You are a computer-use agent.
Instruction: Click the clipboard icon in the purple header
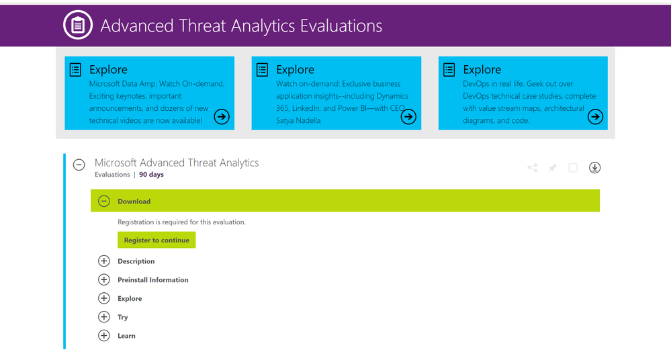78,25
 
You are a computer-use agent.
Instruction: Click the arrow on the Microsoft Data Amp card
222,116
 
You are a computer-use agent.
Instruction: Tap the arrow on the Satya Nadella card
408,116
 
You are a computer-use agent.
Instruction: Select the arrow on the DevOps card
595,116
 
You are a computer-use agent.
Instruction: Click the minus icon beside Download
104,201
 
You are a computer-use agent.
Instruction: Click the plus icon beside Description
104,261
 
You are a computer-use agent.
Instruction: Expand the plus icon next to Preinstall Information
104,279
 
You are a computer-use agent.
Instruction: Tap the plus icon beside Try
104,317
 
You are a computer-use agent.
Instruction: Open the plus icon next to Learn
104,336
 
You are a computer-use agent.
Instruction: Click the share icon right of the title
533,168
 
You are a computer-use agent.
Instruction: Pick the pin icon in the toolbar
553,168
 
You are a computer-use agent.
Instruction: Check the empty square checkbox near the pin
573,168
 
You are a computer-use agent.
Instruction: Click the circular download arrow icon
595,168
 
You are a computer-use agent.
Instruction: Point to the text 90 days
151,175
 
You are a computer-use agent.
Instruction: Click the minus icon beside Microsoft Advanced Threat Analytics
79,165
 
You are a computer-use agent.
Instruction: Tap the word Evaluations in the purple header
341,26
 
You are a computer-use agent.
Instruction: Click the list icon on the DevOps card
449,69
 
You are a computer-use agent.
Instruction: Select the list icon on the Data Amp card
75,69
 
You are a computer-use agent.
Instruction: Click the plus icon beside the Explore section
104,298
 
